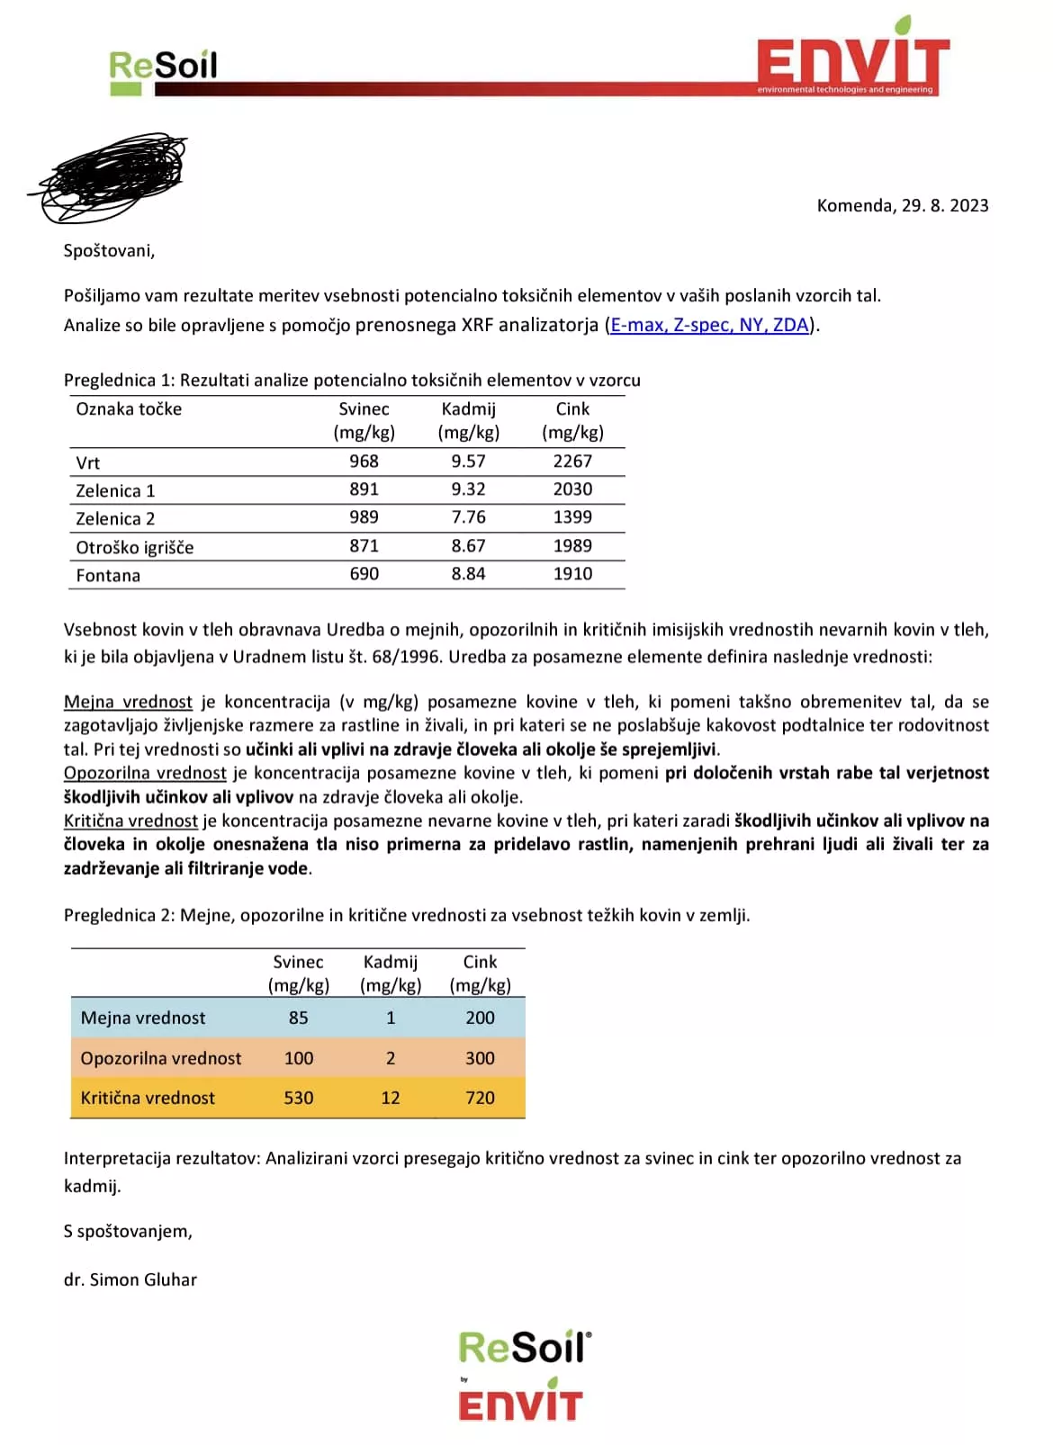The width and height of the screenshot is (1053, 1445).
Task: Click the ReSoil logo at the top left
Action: point(163,68)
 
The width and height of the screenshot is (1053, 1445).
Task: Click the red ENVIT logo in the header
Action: point(852,61)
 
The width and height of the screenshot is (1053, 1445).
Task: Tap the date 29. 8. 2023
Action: point(944,206)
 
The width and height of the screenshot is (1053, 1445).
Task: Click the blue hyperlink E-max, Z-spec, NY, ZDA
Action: point(709,325)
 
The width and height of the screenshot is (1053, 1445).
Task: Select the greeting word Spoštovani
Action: point(109,251)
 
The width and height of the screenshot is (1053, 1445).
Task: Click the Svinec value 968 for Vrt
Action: point(364,462)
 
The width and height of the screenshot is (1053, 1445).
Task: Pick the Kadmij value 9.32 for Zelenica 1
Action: point(468,489)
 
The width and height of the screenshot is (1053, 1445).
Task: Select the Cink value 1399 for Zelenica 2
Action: point(572,517)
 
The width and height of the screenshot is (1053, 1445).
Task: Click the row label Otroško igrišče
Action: point(134,547)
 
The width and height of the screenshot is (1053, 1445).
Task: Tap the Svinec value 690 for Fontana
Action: point(364,574)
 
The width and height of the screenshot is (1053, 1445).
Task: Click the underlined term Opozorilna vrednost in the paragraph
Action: point(145,773)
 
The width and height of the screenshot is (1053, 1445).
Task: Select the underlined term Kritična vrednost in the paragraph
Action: point(130,821)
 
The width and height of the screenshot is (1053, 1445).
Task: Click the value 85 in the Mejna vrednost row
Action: point(298,1018)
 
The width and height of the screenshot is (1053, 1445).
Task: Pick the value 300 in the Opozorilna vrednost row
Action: point(480,1058)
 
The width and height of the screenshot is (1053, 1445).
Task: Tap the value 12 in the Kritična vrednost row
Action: point(390,1098)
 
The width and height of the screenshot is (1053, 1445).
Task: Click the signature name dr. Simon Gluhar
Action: point(130,1279)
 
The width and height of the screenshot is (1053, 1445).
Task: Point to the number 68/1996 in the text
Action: point(406,657)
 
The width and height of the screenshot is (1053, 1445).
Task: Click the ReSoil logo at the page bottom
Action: point(525,1348)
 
